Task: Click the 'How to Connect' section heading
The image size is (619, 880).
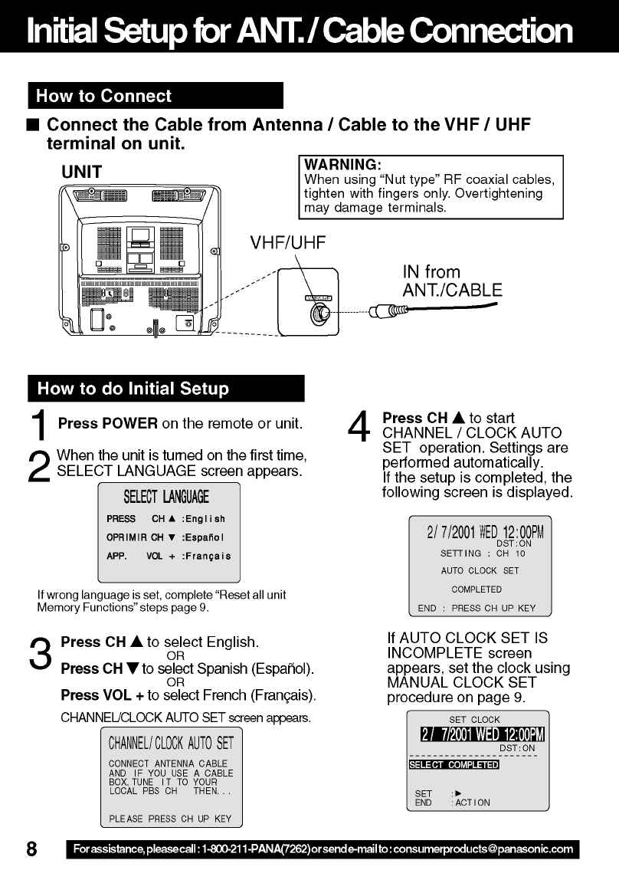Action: (103, 96)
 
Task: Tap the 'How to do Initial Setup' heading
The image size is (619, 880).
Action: (133, 389)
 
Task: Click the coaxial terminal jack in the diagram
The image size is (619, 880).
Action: (320, 312)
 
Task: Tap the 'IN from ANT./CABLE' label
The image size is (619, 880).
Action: (452, 281)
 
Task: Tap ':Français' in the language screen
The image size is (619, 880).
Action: (206, 556)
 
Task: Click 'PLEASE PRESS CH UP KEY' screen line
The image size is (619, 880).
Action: (170, 819)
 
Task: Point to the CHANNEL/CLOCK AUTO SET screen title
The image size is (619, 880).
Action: (171, 742)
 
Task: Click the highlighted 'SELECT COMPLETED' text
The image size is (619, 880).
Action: (454, 765)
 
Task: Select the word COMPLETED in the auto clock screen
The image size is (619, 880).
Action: (477, 589)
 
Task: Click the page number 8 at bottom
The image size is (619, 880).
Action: (32, 849)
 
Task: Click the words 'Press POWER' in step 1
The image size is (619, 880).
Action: (108, 423)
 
